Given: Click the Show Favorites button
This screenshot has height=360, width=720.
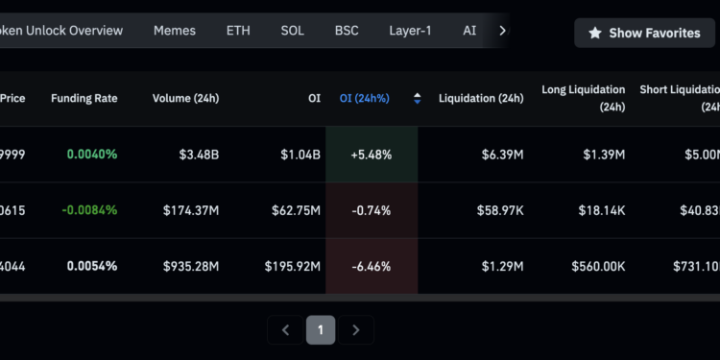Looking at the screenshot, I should [x=644, y=33].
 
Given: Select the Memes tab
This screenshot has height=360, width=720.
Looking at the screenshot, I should [x=175, y=31].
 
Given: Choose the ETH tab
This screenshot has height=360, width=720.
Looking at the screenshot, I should [x=238, y=31].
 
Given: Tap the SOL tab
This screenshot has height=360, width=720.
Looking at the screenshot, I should [x=293, y=31].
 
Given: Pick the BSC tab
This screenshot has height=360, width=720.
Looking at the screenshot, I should [x=347, y=31].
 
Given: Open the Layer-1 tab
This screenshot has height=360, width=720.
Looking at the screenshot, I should [x=410, y=31].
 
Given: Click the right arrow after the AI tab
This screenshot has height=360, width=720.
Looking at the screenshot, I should [x=502, y=31].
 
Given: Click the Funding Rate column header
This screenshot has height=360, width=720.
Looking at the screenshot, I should [x=84, y=98].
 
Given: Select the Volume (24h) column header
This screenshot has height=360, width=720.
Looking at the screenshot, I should [x=186, y=98].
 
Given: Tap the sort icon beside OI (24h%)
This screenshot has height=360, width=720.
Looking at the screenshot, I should [x=417, y=98].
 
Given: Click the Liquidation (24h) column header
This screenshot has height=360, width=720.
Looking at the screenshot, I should [x=481, y=98].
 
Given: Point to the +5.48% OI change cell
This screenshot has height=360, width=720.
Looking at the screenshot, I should [x=372, y=154].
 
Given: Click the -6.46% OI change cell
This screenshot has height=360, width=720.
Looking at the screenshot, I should [x=372, y=266].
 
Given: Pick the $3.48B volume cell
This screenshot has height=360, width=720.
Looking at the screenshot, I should [x=196, y=154].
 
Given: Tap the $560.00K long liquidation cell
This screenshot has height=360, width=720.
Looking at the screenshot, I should [x=598, y=266].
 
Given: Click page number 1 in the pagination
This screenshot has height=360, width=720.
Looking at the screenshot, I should [x=321, y=330].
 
